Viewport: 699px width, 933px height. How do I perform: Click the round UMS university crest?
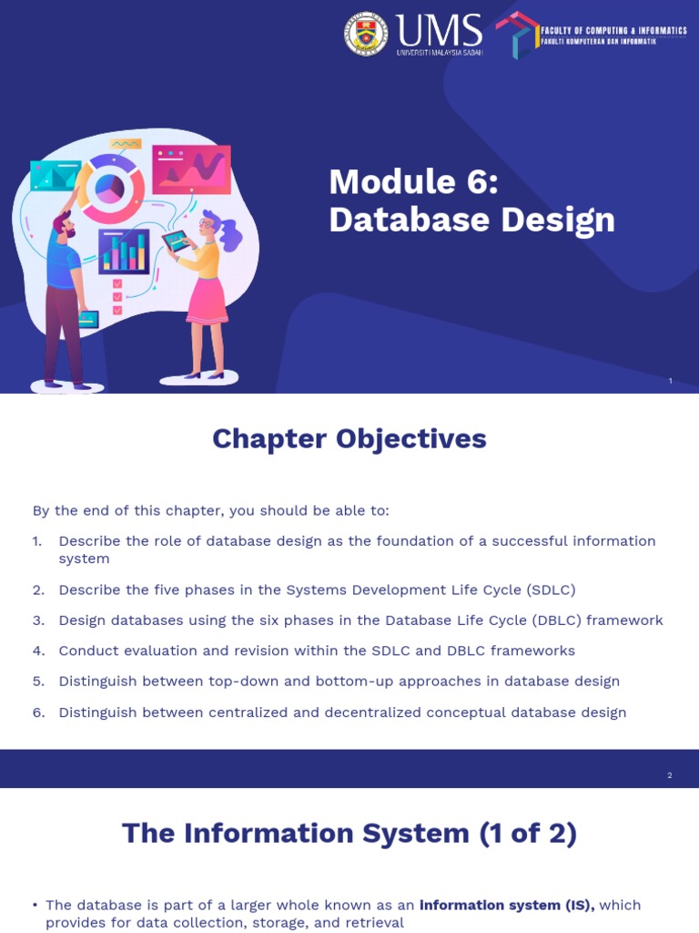(x=366, y=35)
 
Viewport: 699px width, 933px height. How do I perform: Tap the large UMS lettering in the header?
(x=440, y=32)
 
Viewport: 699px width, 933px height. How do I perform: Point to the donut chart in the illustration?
(x=110, y=188)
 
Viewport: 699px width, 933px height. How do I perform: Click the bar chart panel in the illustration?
(x=124, y=251)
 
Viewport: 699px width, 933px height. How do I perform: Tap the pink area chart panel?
(x=191, y=169)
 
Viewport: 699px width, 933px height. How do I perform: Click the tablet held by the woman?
(x=177, y=241)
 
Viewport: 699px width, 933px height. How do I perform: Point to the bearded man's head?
(x=63, y=224)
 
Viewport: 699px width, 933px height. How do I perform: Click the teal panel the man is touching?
(x=55, y=174)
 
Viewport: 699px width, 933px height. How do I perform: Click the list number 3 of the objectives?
(x=38, y=620)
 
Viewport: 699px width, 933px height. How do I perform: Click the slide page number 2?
(x=669, y=775)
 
